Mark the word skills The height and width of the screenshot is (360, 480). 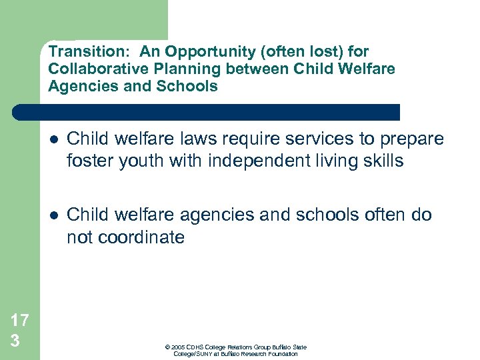[382, 161]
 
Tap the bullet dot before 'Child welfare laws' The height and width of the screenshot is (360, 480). [53, 139]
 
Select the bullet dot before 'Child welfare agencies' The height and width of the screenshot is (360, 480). [53, 215]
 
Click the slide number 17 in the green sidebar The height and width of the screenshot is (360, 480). [20, 320]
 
